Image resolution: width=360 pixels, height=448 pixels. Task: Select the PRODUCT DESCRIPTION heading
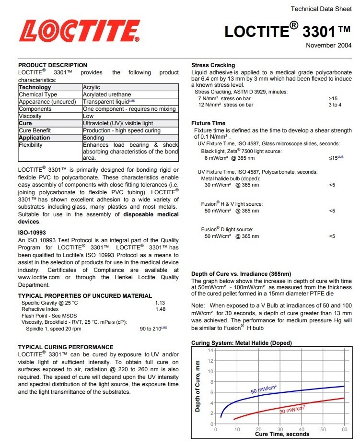pyautogui.click(x=53, y=65)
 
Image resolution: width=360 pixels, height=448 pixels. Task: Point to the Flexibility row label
pyautogui.click(x=31, y=145)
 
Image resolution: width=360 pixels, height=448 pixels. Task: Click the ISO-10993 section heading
pyautogui.click(x=32, y=232)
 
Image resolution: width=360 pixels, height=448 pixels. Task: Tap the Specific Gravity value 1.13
pyautogui.click(x=160, y=303)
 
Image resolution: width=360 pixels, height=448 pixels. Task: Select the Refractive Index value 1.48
pyautogui.click(x=160, y=309)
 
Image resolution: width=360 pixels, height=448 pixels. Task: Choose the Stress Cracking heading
pyautogui.click(x=213, y=65)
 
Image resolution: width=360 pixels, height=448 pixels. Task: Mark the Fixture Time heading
pyautogui.click(x=208, y=124)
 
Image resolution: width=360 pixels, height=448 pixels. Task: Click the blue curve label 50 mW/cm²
pyautogui.click(x=264, y=389)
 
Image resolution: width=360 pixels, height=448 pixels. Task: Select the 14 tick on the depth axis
pyautogui.click(x=210, y=350)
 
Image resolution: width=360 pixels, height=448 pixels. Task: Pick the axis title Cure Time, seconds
pyautogui.click(x=282, y=435)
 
